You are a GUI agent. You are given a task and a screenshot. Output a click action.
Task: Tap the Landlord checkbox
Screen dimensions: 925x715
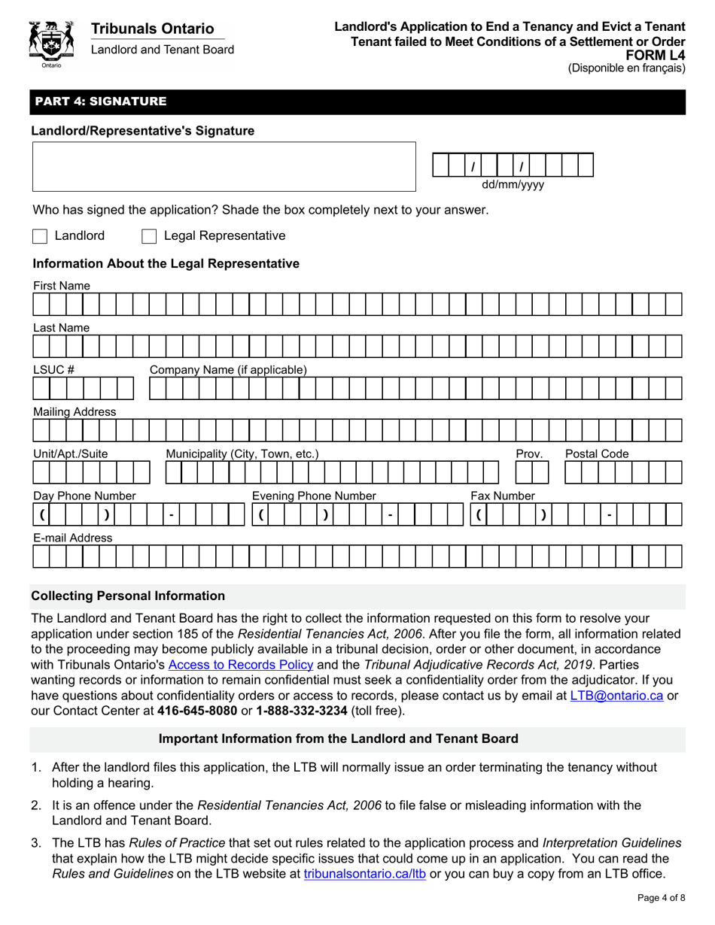click(x=40, y=236)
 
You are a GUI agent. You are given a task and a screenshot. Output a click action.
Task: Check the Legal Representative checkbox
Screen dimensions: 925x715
click(x=149, y=236)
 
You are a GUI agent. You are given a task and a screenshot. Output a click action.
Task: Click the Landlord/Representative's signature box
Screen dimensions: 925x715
click(x=224, y=166)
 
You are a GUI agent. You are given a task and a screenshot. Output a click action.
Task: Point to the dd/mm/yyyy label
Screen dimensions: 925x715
click(x=513, y=184)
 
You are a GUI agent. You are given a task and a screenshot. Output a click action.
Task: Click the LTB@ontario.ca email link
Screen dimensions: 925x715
click(x=616, y=696)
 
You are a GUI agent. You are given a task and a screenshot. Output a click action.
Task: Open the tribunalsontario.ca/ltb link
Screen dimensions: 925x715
click(x=364, y=875)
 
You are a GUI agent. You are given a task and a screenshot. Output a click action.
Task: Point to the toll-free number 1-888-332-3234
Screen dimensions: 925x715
click(x=302, y=711)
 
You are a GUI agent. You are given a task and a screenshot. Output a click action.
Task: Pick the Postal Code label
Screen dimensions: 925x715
click(x=597, y=453)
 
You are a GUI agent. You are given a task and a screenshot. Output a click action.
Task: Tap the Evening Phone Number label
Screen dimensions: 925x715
click(x=313, y=496)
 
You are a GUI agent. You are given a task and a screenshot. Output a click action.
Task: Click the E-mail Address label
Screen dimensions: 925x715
click(x=71, y=538)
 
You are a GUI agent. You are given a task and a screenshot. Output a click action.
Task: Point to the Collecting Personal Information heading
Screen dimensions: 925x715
click(x=128, y=596)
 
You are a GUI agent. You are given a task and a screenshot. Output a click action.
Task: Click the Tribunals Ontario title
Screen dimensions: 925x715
click(x=152, y=29)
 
